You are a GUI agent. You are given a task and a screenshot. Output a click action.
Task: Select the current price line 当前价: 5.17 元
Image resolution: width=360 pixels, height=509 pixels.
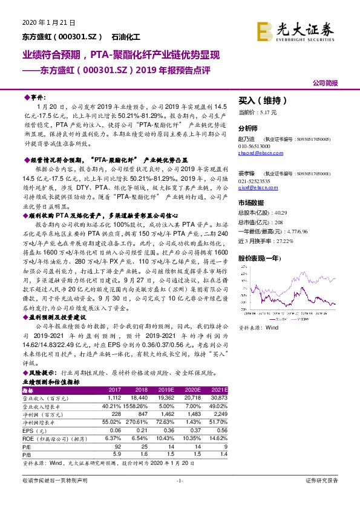click(258, 112)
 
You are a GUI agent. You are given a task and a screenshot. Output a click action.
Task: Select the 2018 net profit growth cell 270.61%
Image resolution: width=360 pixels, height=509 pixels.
click(151, 421)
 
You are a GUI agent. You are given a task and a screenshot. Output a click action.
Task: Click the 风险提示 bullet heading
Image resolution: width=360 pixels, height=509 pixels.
click(41, 374)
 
